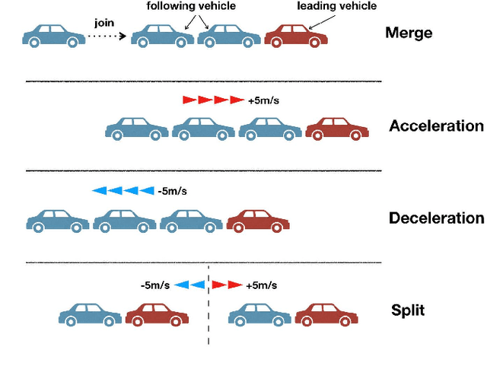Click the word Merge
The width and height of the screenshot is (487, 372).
pos(409,33)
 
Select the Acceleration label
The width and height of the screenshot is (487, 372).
pos(436,126)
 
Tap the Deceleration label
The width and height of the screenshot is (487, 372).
pos(436,218)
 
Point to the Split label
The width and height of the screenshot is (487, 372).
pos(408,310)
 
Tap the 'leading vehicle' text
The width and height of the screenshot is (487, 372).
pos(336,7)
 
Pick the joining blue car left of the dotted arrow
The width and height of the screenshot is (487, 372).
pos(54,36)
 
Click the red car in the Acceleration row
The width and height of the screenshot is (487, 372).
pos(337,129)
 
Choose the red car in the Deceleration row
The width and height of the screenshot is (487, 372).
pos(258,221)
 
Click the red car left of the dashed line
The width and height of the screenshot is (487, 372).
pos(157,314)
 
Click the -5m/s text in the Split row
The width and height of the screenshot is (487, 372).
pos(155,285)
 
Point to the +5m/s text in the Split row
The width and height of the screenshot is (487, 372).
pos(261,285)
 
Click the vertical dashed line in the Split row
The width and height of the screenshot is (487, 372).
pos(208,320)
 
